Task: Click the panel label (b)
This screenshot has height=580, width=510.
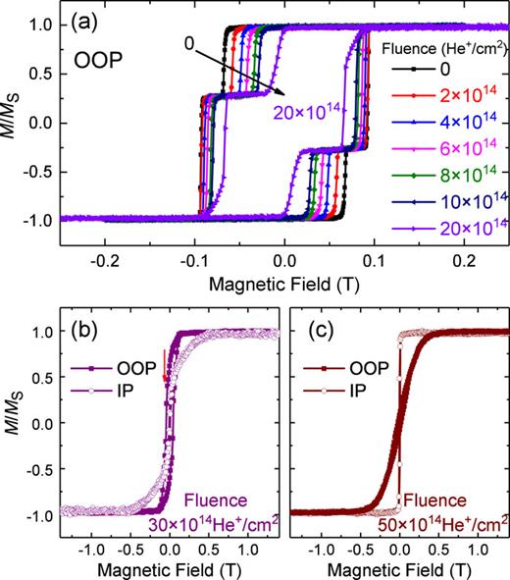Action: (x=88, y=328)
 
